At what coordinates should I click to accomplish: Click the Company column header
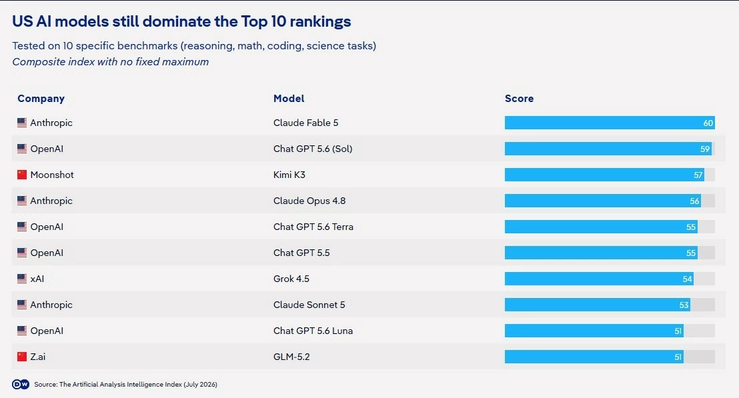pos(41,99)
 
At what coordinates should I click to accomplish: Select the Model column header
pos(289,99)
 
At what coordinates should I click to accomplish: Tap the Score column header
pos(520,99)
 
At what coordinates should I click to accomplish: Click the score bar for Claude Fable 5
pos(610,123)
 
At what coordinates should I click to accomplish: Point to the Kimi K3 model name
pos(289,175)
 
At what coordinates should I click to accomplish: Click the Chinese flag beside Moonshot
pos(22,175)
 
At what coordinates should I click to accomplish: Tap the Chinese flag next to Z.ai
pos(22,357)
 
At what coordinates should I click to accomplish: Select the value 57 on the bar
pos(698,175)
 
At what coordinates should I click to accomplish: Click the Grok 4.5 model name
pos(291,279)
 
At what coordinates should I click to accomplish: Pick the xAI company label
pos(37,279)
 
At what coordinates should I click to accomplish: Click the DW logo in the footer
pos(20,385)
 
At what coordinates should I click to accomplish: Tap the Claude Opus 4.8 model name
pos(309,201)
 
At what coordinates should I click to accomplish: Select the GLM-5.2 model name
pos(291,357)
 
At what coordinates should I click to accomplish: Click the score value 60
pos(708,123)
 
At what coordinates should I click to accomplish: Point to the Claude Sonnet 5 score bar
pos(597,305)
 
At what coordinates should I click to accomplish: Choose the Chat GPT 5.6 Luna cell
pos(313,331)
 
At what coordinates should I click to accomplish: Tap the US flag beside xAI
pos(22,279)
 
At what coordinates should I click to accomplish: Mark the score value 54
pos(687,279)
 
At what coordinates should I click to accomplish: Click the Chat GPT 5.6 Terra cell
pos(313,227)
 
